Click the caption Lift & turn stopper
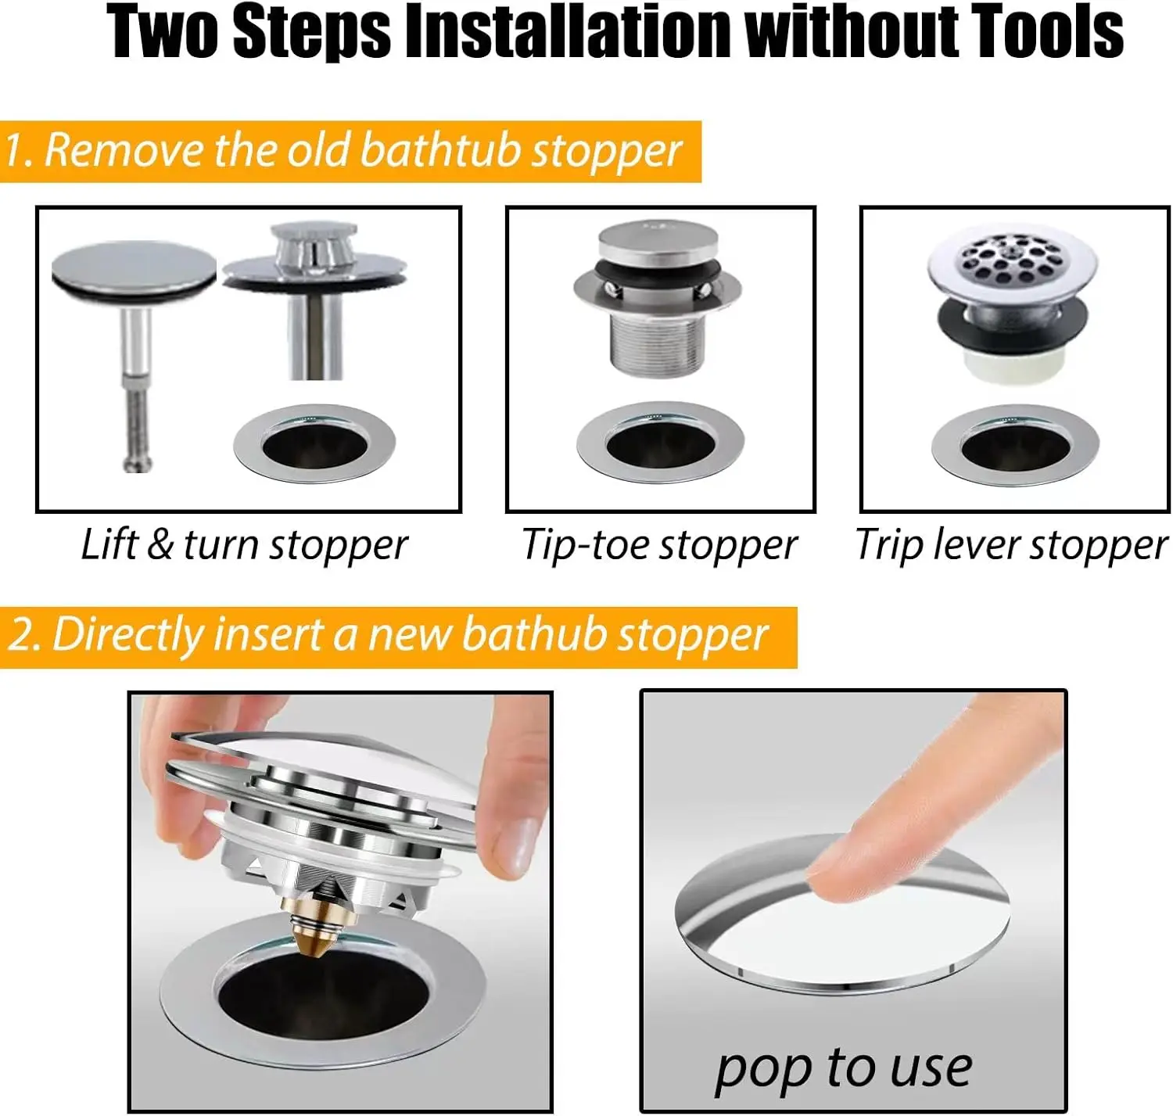(x=244, y=545)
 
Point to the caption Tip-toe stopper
(x=659, y=545)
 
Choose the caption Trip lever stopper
(x=1012, y=545)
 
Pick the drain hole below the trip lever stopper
(x=1015, y=446)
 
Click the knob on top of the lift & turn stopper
(x=314, y=251)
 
